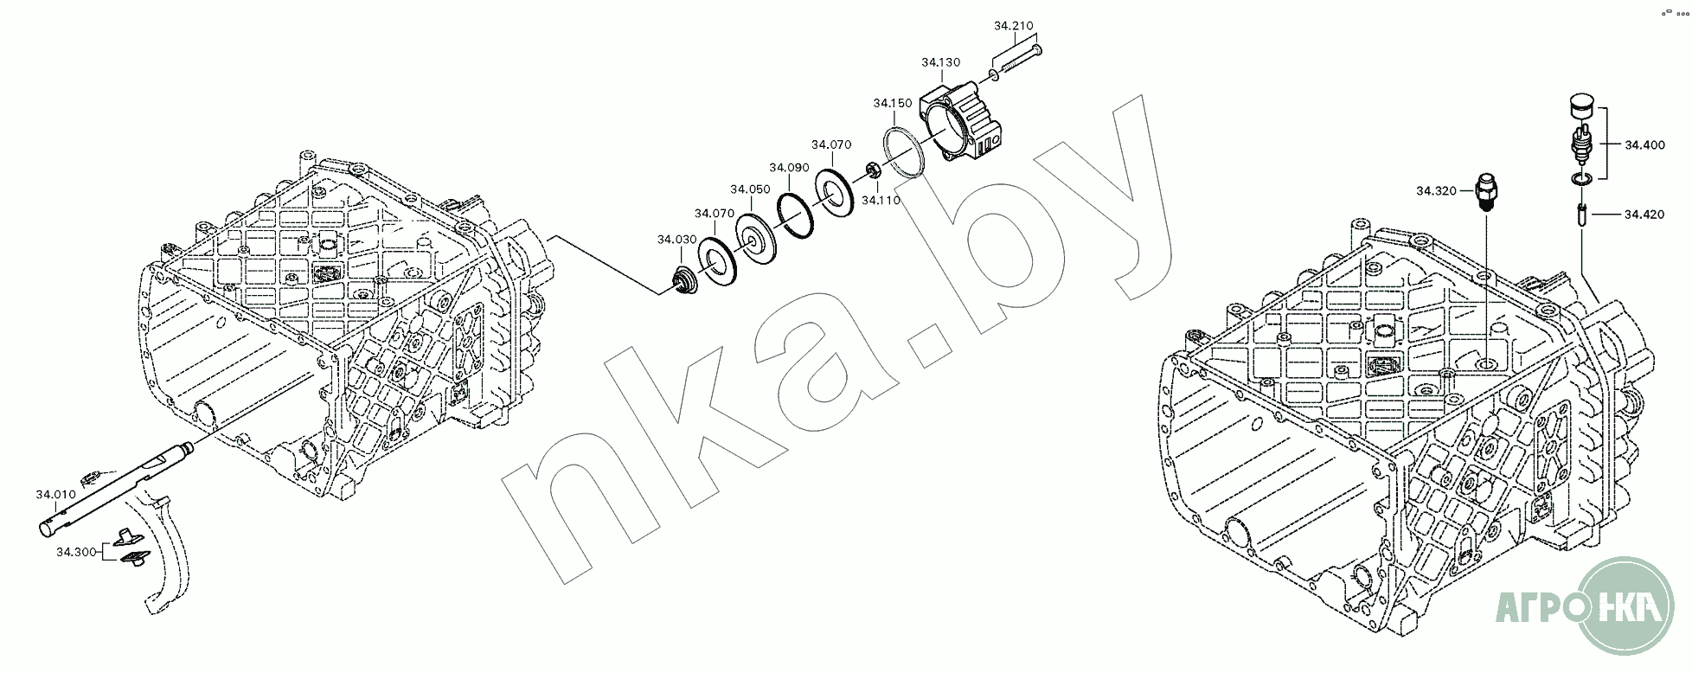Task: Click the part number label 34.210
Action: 1013,26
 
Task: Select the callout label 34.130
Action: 940,62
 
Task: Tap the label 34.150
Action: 892,103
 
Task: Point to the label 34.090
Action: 789,167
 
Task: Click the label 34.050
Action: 750,189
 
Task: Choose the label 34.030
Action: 677,239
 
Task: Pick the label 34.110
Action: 881,200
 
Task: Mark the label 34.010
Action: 55,495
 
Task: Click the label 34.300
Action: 76,551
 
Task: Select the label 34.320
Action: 1436,189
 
